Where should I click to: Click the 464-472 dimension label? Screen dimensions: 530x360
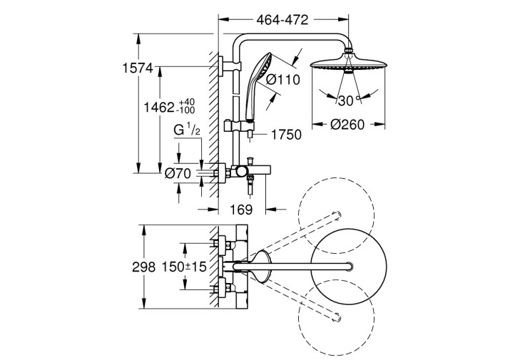pos(282,20)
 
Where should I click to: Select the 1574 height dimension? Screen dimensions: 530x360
pos(138,68)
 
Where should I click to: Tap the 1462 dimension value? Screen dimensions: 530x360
pos(159,108)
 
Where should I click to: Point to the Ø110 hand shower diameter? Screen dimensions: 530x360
pos(283,80)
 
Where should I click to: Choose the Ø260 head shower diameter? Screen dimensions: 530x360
pos(347,125)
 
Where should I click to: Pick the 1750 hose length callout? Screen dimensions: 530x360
pos(286,135)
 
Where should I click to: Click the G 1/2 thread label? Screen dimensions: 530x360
pos(187,130)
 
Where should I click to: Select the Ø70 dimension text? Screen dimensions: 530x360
pos(178,173)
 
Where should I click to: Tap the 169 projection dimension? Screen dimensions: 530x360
pos(241,210)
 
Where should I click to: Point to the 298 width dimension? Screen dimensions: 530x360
pos(143,267)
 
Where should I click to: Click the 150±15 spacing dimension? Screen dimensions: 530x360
pos(184,267)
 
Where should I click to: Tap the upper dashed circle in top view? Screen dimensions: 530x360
pos(336,215)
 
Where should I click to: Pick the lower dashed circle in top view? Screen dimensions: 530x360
pos(336,318)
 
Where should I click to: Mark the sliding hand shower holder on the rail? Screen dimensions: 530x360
pos(238,126)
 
